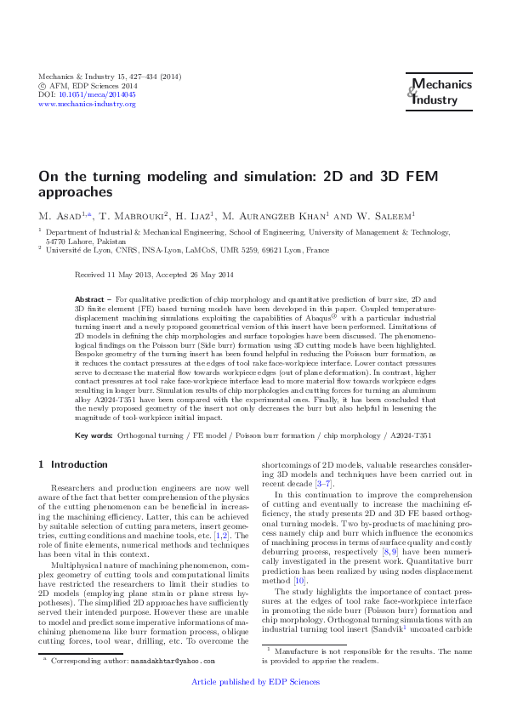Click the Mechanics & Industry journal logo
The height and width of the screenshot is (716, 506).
pos(434,93)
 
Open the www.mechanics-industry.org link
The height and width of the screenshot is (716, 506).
pos(82,105)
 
